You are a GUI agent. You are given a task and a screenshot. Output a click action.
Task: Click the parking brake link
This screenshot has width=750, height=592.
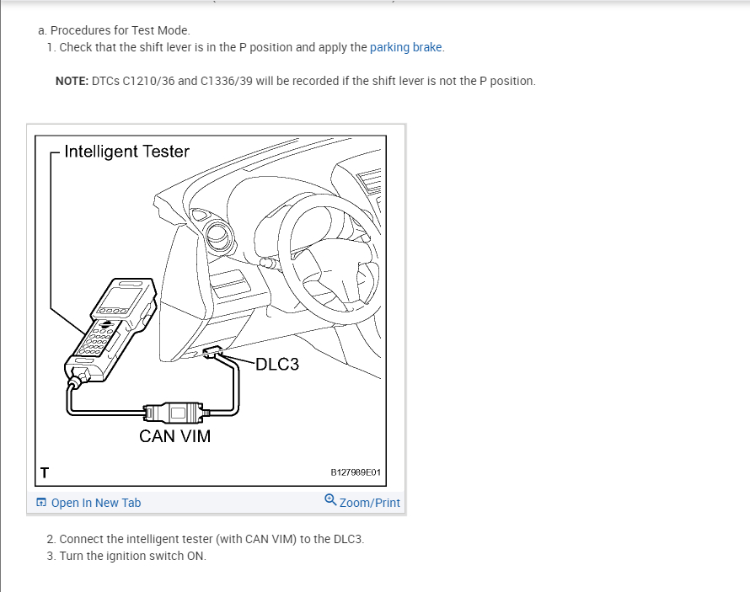point(406,47)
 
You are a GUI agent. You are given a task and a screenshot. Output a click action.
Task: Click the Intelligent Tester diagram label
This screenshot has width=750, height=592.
point(126,152)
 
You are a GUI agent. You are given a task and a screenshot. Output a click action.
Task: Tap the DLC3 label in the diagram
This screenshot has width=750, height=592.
point(276,365)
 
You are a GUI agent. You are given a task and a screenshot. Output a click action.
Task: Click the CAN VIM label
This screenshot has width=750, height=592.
point(175,436)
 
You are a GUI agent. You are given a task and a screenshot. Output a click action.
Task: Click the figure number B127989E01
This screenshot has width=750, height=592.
point(356,472)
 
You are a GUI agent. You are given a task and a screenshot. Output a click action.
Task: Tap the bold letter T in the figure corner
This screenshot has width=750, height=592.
point(44,472)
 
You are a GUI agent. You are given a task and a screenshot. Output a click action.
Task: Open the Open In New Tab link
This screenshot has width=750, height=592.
point(96,503)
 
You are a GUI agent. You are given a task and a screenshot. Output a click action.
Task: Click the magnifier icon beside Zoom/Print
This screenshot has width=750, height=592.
point(330,501)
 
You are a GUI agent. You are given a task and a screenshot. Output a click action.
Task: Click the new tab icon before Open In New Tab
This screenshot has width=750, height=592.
point(41,503)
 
